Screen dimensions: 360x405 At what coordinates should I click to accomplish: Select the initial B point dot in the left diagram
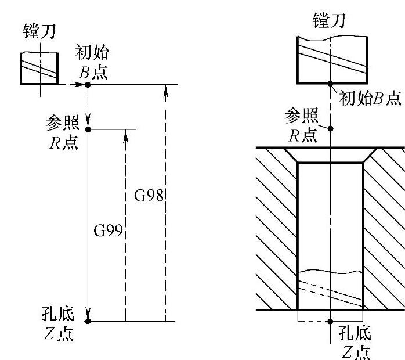[x=88, y=85]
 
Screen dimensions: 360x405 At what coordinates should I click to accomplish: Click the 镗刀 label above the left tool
[x=39, y=31]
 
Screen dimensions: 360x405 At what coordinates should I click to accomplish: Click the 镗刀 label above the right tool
[x=328, y=21]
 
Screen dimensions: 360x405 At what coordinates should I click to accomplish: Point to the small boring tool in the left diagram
[x=39, y=68]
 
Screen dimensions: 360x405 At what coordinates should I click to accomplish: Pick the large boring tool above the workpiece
[x=331, y=60]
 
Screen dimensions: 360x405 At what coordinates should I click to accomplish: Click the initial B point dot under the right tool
[x=331, y=84]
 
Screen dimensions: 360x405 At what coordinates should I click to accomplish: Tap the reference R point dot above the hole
[x=331, y=128]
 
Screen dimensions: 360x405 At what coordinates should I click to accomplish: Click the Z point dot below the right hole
[x=331, y=321]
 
